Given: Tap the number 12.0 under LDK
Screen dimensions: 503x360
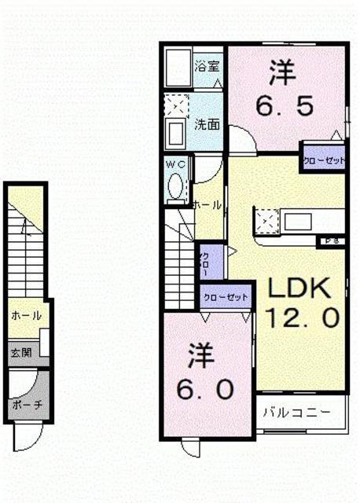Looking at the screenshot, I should click(303, 318).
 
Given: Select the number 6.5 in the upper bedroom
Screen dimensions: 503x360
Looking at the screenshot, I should click(284, 103).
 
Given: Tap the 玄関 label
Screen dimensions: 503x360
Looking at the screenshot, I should click(21, 352).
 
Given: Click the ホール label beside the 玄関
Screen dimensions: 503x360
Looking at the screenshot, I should click(25, 315).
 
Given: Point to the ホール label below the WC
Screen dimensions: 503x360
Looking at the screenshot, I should click(207, 204).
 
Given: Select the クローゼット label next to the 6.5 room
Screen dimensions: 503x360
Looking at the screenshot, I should click(325, 160).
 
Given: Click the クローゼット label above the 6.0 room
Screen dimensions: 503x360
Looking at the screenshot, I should click(226, 298).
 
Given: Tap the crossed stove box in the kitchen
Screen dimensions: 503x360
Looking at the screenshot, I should click(268, 220).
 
